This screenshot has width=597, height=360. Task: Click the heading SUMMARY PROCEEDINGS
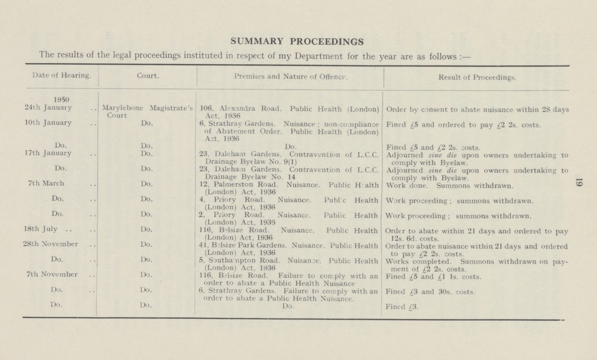297,42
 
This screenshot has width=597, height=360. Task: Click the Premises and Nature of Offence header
290,75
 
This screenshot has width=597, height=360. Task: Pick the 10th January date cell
48,123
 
